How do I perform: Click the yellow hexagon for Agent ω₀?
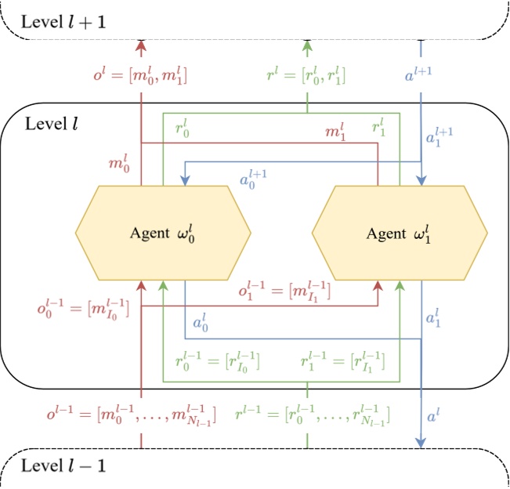(163, 233)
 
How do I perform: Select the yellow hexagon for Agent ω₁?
(400, 233)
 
